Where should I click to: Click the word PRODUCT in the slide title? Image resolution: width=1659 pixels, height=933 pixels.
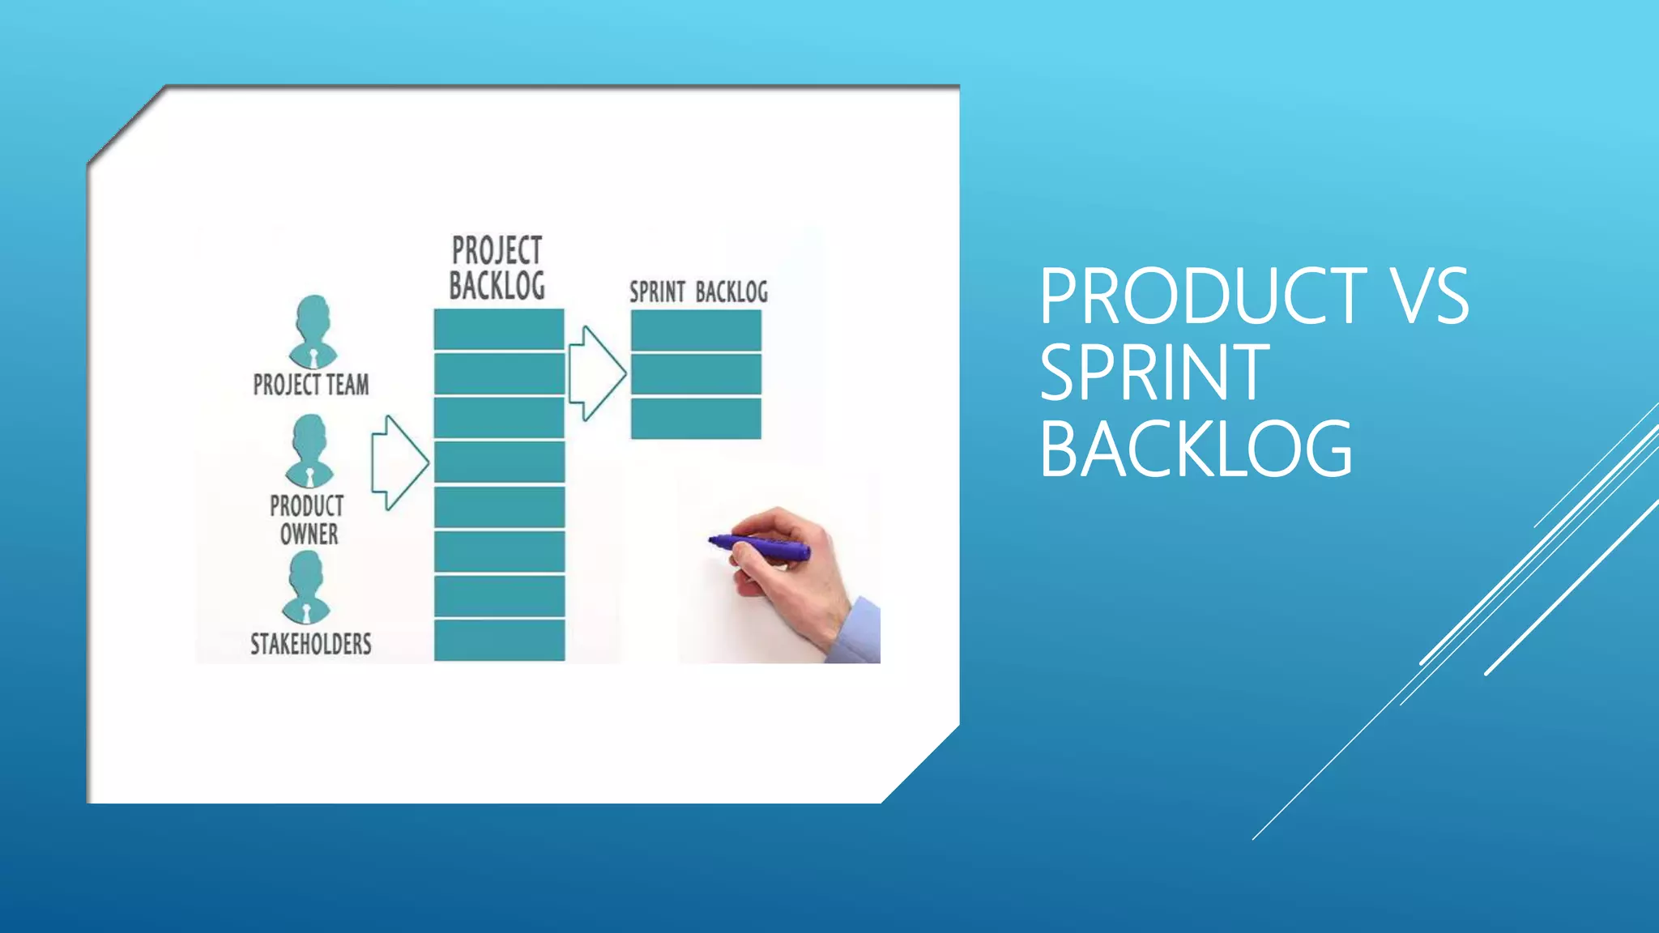1203,296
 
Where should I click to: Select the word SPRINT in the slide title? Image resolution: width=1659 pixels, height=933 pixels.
1154,373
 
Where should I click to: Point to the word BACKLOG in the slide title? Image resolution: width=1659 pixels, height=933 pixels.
1196,449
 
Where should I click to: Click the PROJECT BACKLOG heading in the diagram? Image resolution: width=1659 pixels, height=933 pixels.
497,268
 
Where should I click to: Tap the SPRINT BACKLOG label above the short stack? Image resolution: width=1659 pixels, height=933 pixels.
698,292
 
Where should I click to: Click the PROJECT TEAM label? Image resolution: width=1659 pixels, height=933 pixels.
311,384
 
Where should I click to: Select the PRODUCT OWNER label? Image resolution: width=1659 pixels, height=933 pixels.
307,520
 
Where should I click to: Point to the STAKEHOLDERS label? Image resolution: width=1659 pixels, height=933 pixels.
310,644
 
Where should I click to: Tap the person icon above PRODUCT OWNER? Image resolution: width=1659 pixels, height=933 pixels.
309,451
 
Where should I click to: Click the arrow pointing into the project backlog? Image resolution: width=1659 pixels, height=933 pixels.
399,462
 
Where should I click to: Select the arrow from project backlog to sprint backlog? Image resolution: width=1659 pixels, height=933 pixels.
596,373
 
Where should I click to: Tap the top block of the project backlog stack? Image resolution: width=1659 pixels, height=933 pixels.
499,329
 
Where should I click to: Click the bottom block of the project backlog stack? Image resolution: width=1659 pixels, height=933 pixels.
499,640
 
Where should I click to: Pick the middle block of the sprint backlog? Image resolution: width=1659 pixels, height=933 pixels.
696,373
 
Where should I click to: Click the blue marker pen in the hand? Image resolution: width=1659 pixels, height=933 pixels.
761,547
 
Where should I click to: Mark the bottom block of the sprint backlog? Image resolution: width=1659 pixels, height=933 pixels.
696,418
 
